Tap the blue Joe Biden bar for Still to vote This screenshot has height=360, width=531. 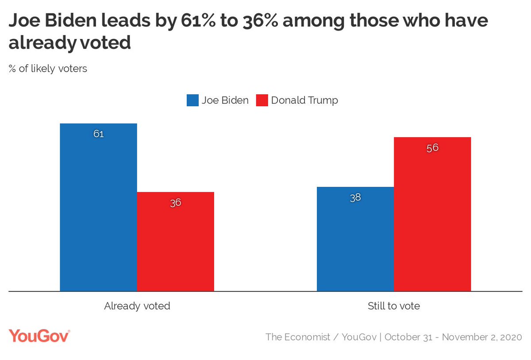coord(355,239)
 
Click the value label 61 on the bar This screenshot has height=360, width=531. coord(98,134)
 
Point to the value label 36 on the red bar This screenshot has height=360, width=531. coord(176,203)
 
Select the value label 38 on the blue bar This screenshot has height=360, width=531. coord(355,197)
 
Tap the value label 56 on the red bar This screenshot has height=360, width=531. coord(432,148)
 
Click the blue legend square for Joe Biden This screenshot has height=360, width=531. coord(192,101)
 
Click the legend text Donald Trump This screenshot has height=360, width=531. coord(304,101)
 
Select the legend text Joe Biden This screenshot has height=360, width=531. coord(225,101)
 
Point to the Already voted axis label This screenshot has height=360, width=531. coord(137,306)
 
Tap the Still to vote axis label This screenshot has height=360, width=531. coord(394,306)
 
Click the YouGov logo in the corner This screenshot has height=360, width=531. coord(39,336)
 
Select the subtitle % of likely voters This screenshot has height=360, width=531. coord(48,69)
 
